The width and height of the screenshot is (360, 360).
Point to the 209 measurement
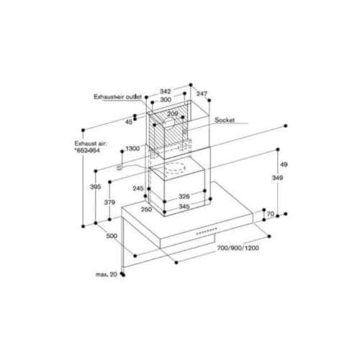coord(174,113)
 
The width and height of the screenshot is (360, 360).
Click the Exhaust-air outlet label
coord(117,95)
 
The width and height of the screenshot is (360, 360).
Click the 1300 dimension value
coord(132,148)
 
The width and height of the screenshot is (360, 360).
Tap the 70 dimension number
coord(269,215)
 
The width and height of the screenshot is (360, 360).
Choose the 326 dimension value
coord(184,197)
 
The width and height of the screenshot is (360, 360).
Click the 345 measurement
coord(184,207)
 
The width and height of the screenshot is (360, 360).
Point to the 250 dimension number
coord(146,209)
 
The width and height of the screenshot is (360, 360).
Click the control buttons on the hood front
coord(207,231)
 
